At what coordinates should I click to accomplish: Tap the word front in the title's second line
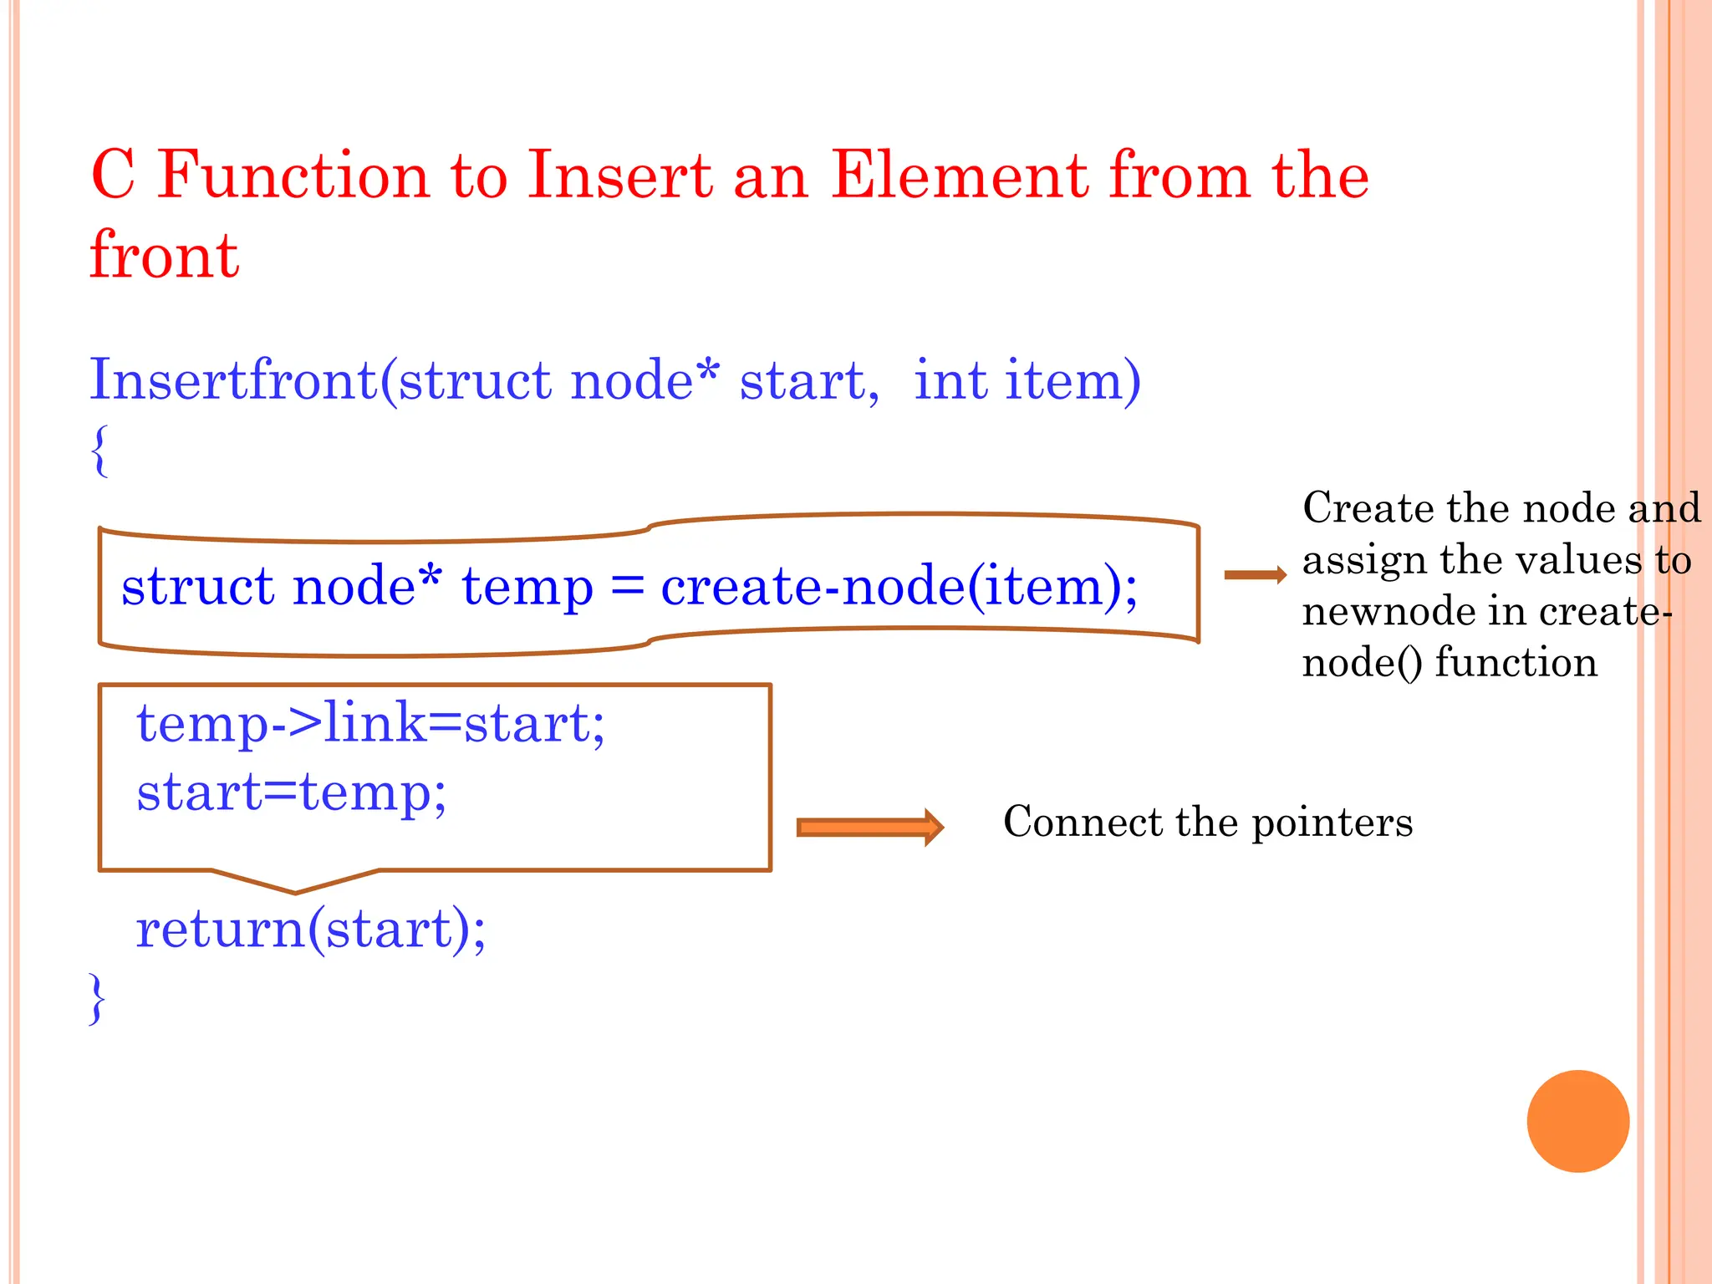pos(165,255)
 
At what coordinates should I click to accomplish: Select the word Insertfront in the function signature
pos(234,380)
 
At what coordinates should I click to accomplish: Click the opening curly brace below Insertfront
pos(100,451)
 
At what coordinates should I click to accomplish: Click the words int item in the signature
pos(1027,380)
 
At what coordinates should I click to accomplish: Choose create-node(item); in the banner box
pos(899,586)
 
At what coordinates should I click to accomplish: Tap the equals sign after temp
pos(627,586)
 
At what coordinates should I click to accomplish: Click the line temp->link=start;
pos(370,723)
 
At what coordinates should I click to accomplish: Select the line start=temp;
pos(292,792)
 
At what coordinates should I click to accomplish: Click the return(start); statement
pos(310,929)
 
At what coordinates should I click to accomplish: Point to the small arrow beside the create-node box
pos(1255,574)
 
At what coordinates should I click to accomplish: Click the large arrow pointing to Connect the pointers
pos(869,827)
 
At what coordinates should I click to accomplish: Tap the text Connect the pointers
pos(1207,822)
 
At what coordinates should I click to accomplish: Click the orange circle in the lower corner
pos(1577,1121)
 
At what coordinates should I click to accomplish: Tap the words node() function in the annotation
pos(1450,662)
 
